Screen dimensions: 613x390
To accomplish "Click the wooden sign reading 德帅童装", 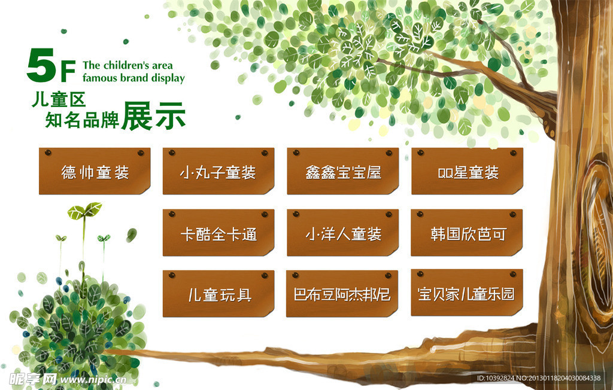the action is click(95, 170).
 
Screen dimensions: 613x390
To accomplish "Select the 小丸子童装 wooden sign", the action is click(219, 170).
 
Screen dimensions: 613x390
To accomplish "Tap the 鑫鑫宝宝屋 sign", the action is click(343, 170).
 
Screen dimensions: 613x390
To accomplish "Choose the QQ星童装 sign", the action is click(467, 170).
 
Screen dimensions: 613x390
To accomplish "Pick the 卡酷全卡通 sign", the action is click(219, 233).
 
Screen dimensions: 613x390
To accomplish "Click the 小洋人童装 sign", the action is click(343, 233).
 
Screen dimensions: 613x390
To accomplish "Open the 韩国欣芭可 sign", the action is click(467, 233).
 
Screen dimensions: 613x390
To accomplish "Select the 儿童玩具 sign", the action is click(219, 294).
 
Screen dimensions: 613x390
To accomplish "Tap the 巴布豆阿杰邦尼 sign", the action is click(342, 294).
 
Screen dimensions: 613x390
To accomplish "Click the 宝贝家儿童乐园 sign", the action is click(467, 292).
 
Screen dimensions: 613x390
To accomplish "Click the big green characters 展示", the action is click(153, 116).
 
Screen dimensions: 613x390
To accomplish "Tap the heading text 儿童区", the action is click(59, 100).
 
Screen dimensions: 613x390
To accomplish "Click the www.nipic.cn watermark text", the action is click(93, 380).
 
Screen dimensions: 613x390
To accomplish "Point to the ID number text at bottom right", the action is click(539, 378).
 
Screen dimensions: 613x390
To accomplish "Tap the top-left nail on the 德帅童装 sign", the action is click(48, 153).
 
